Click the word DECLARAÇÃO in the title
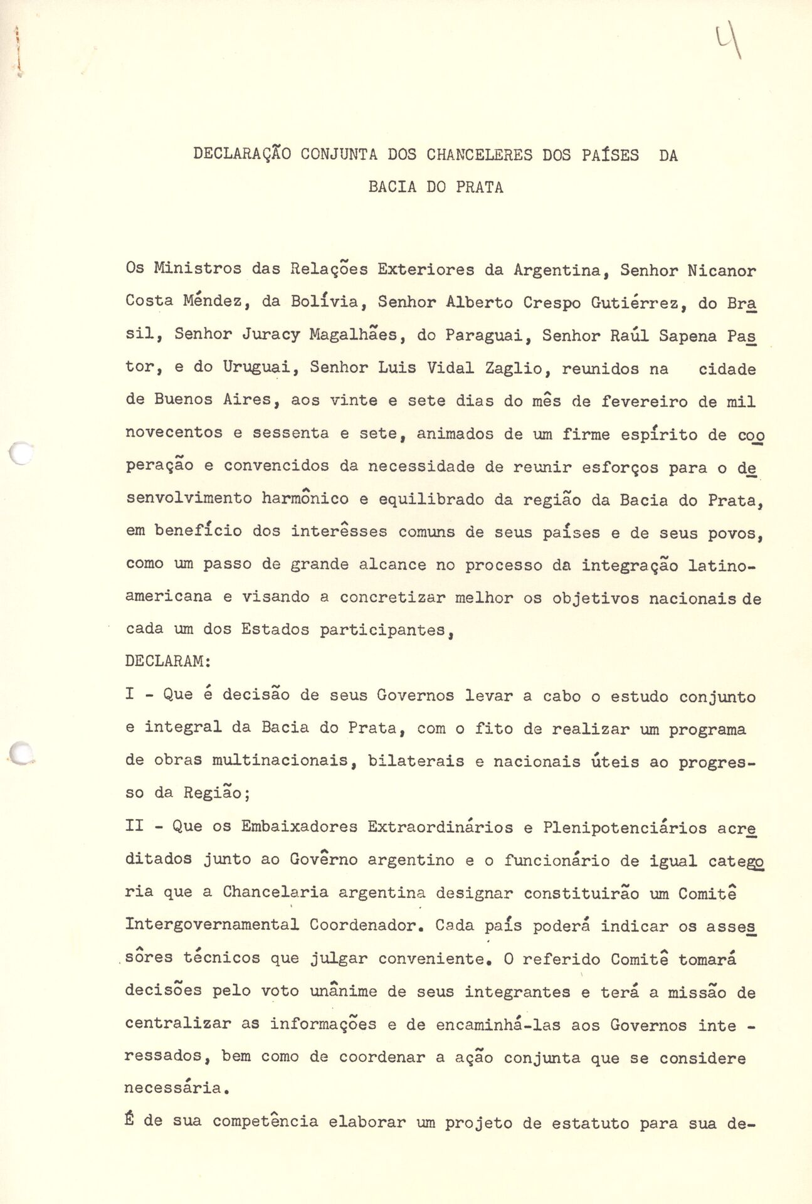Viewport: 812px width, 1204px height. (241, 155)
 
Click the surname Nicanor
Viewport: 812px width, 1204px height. (721, 272)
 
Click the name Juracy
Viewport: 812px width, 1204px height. (271, 335)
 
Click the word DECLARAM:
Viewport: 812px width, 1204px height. (168, 662)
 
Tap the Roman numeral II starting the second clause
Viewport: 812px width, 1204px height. (135, 826)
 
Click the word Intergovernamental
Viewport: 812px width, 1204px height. (212, 925)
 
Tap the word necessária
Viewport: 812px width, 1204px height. (174, 1089)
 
